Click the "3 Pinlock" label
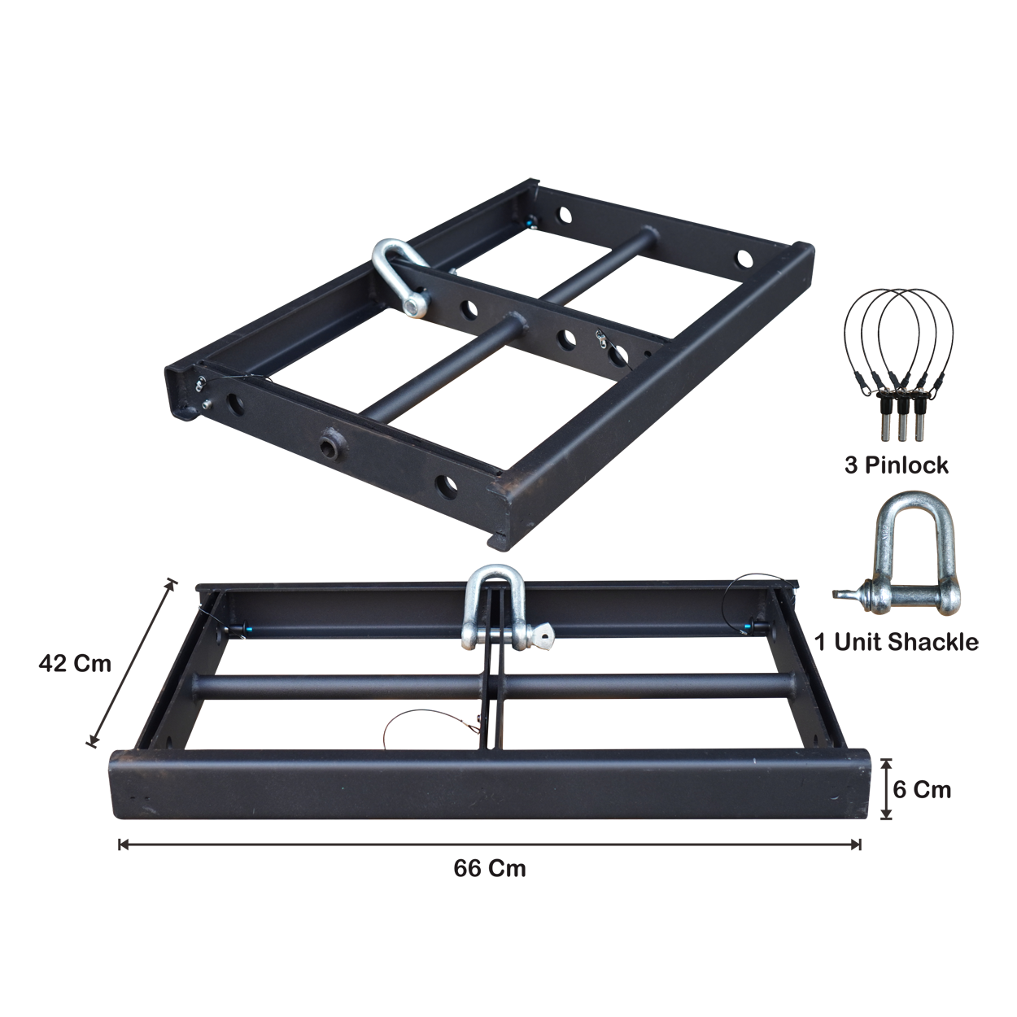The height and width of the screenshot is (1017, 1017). [896, 465]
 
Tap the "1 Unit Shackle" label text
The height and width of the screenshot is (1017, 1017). [897, 642]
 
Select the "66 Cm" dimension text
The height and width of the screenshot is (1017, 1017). [490, 869]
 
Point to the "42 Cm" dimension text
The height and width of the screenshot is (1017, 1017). [75, 664]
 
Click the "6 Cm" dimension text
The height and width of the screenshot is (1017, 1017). [922, 790]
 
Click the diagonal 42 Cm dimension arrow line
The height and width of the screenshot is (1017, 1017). [132, 663]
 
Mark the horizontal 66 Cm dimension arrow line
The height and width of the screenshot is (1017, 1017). [490, 845]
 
